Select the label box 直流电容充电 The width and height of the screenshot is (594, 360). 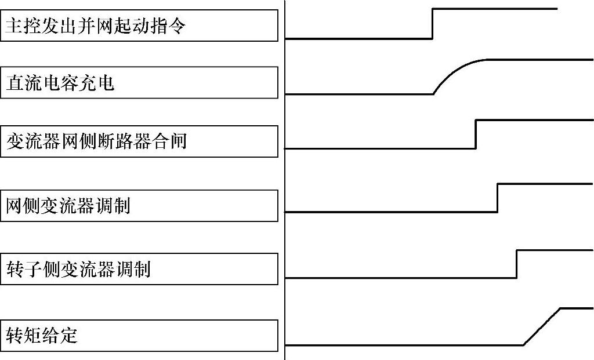tap(139, 82)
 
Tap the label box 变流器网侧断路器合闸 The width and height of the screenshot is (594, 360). tap(139, 141)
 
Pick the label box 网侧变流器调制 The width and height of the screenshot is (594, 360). tap(139, 206)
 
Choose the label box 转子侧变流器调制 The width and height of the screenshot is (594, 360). tap(139, 269)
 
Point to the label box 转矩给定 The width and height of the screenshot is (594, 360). tap(139, 335)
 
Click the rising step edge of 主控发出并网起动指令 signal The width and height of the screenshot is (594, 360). tap(433, 23)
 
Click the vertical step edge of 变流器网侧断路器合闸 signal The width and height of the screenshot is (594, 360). tap(476, 134)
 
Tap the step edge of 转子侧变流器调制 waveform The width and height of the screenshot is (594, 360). tap(516, 264)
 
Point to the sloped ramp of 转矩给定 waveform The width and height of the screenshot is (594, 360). tap(542, 326)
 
